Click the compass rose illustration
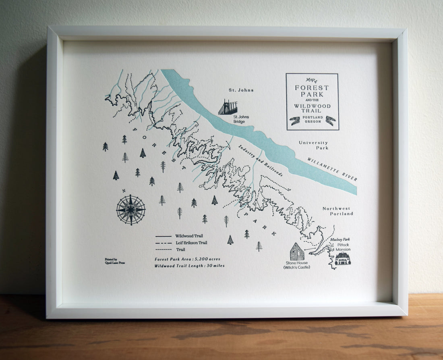pos(131,210)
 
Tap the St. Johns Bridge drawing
pos(228,107)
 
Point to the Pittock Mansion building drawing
pos(343,258)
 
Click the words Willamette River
pos(332,169)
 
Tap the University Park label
pos(313,145)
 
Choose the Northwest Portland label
pos(337,211)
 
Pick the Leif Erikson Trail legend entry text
pos(191,243)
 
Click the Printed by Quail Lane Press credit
pos(114,261)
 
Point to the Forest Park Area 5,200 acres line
pos(187,259)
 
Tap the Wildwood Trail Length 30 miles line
pos(189,266)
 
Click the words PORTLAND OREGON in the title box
pos(312,119)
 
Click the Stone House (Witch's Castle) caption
pos(296,265)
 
